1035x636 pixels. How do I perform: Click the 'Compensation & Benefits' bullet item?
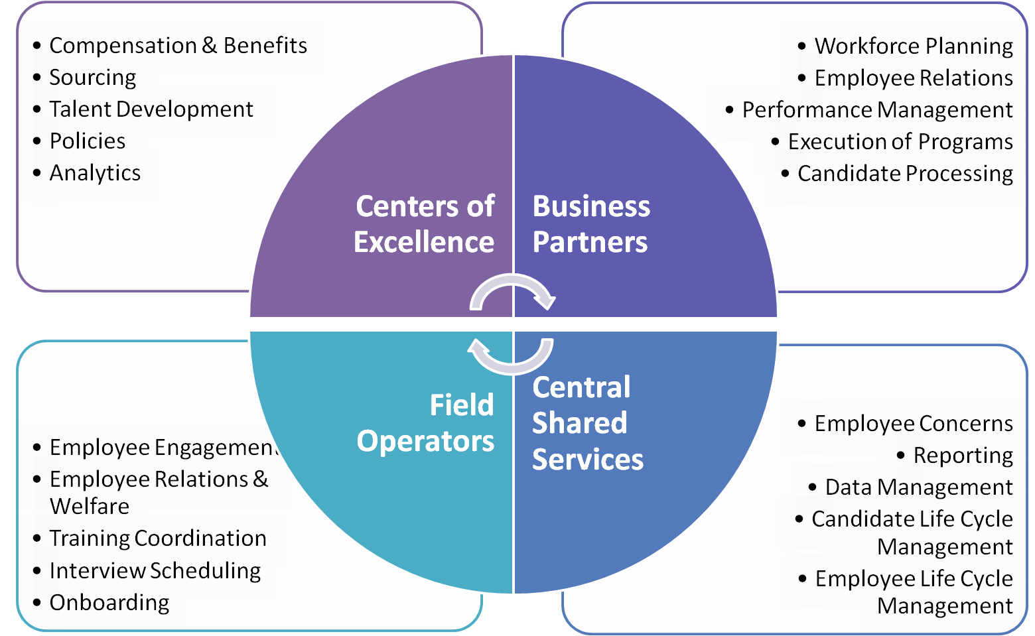click(x=178, y=46)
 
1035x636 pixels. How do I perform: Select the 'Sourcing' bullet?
click(x=93, y=78)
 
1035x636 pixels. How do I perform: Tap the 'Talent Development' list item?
click(x=151, y=109)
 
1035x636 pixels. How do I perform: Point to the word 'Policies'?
click(x=88, y=141)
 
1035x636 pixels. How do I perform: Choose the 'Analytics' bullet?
click(x=95, y=173)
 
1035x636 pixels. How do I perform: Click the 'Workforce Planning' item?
click(x=913, y=46)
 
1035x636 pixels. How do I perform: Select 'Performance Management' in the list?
click(x=877, y=110)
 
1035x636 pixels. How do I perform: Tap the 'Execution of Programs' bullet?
click(x=900, y=142)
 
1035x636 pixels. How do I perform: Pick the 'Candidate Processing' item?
click(x=905, y=174)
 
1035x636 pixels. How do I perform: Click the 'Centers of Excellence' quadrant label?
click(x=425, y=224)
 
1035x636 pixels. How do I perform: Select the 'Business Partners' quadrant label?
click(x=590, y=224)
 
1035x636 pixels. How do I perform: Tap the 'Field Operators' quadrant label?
click(x=426, y=423)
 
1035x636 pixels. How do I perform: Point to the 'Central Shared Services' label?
click(x=587, y=423)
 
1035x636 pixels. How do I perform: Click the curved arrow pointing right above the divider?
click(x=512, y=294)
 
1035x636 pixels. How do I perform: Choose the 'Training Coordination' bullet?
click(x=158, y=539)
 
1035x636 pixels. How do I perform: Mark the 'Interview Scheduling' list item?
click(x=155, y=571)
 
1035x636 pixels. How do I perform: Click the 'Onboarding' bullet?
click(x=109, y=603)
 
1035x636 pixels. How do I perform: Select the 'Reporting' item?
click(x=963, y=456)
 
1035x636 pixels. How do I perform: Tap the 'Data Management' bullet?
click(x=918, y=487)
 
